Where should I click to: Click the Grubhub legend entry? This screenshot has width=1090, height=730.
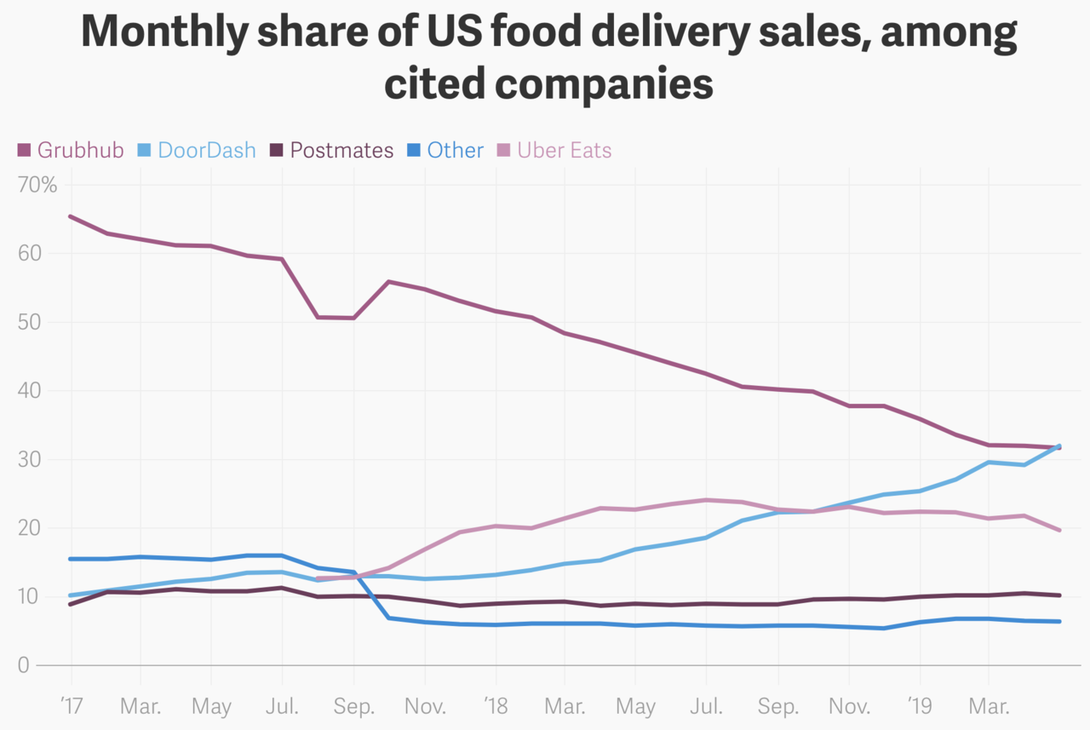click(72, 151)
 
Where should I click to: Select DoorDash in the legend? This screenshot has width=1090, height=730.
click(197, 151)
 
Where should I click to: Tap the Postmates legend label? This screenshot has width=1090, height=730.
click(332, 151)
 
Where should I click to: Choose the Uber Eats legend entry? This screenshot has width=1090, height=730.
click(554, 151)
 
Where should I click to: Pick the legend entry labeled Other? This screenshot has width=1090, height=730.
click(445, 151)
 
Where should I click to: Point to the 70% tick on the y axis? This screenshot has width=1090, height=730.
click(37, 186)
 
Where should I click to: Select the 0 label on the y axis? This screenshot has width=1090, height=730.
click(24, 665)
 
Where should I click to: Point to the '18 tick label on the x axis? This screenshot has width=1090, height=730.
click(494, 706)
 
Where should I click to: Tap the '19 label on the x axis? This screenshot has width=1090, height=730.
click(918, 706)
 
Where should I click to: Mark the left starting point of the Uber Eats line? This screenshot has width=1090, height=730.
click(317, 579)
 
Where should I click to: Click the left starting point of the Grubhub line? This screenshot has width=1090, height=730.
click(70, 216)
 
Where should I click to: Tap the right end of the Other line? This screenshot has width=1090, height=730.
click(1059, 622)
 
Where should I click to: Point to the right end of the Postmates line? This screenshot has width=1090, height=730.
click(1059, 595)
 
